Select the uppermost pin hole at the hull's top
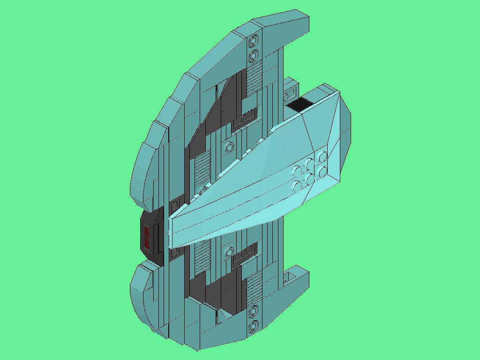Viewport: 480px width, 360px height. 254,41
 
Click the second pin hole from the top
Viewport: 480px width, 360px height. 254,56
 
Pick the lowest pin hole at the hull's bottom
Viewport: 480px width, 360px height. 254,324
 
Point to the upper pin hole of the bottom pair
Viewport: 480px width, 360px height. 254,310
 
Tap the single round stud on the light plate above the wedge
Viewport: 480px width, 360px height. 229,148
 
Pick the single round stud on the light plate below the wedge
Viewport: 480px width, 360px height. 229,253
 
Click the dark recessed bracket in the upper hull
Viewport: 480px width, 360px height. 245,118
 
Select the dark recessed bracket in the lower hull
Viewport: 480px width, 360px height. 245,254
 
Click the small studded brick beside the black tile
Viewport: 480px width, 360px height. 289,91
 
